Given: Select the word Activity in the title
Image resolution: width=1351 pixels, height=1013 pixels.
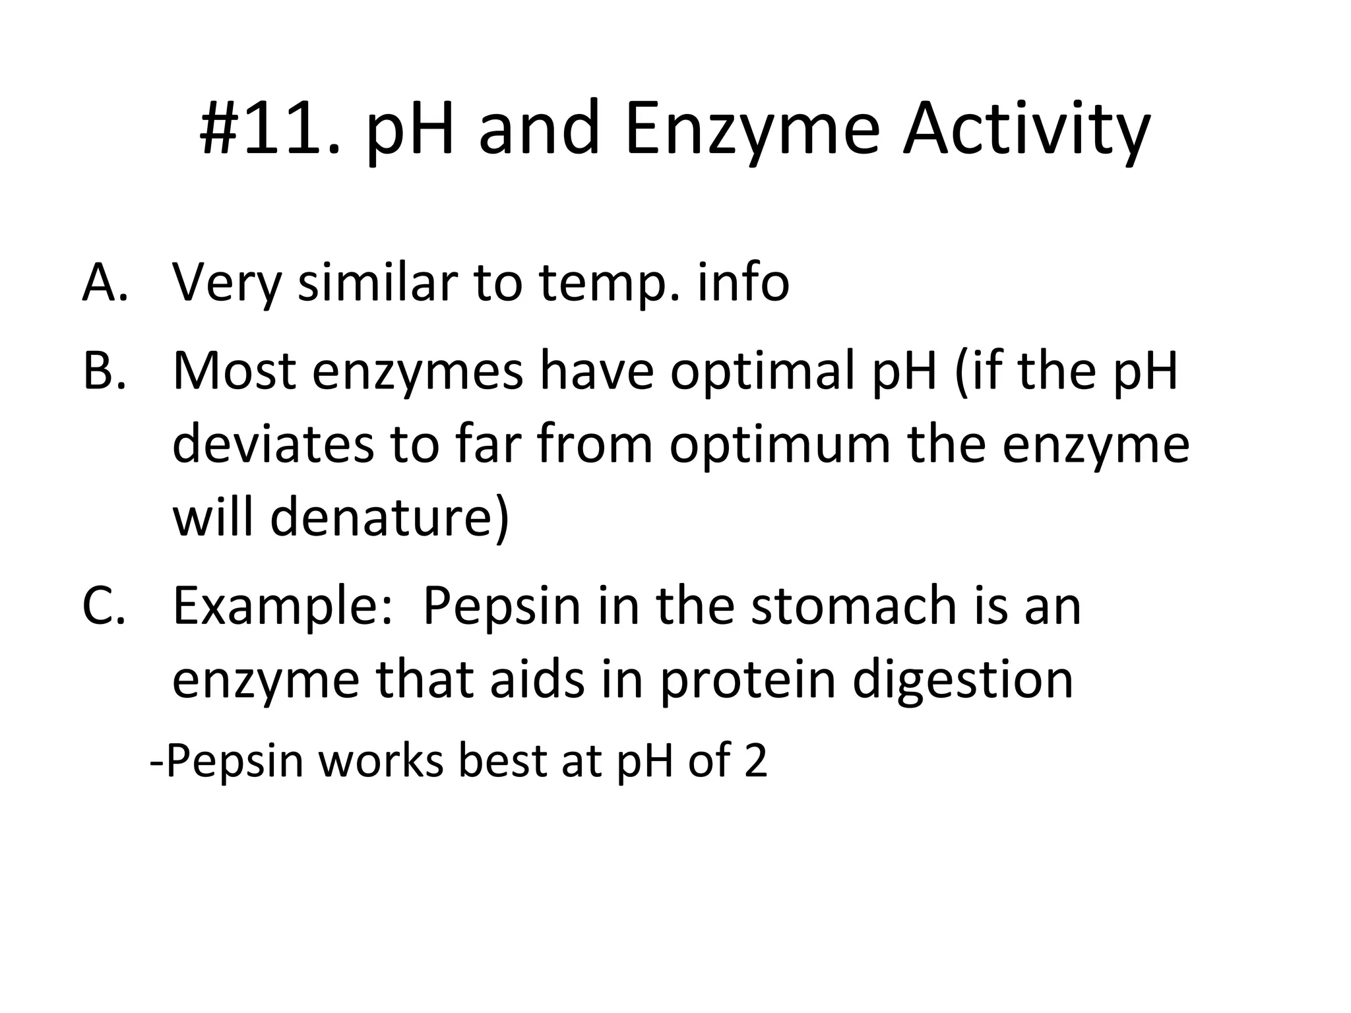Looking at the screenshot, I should tap(1026, 129).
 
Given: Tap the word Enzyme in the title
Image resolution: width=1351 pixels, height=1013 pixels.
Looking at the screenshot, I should tap(752, 129).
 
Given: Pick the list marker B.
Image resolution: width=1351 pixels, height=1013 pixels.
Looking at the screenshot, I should tap(104, 371).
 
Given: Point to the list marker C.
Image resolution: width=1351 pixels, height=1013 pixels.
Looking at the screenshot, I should tap(104, 605).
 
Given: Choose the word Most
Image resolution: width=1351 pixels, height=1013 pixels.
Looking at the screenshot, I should tap(234, 371).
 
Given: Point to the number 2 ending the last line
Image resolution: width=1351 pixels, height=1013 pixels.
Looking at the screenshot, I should tap(755, 760).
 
